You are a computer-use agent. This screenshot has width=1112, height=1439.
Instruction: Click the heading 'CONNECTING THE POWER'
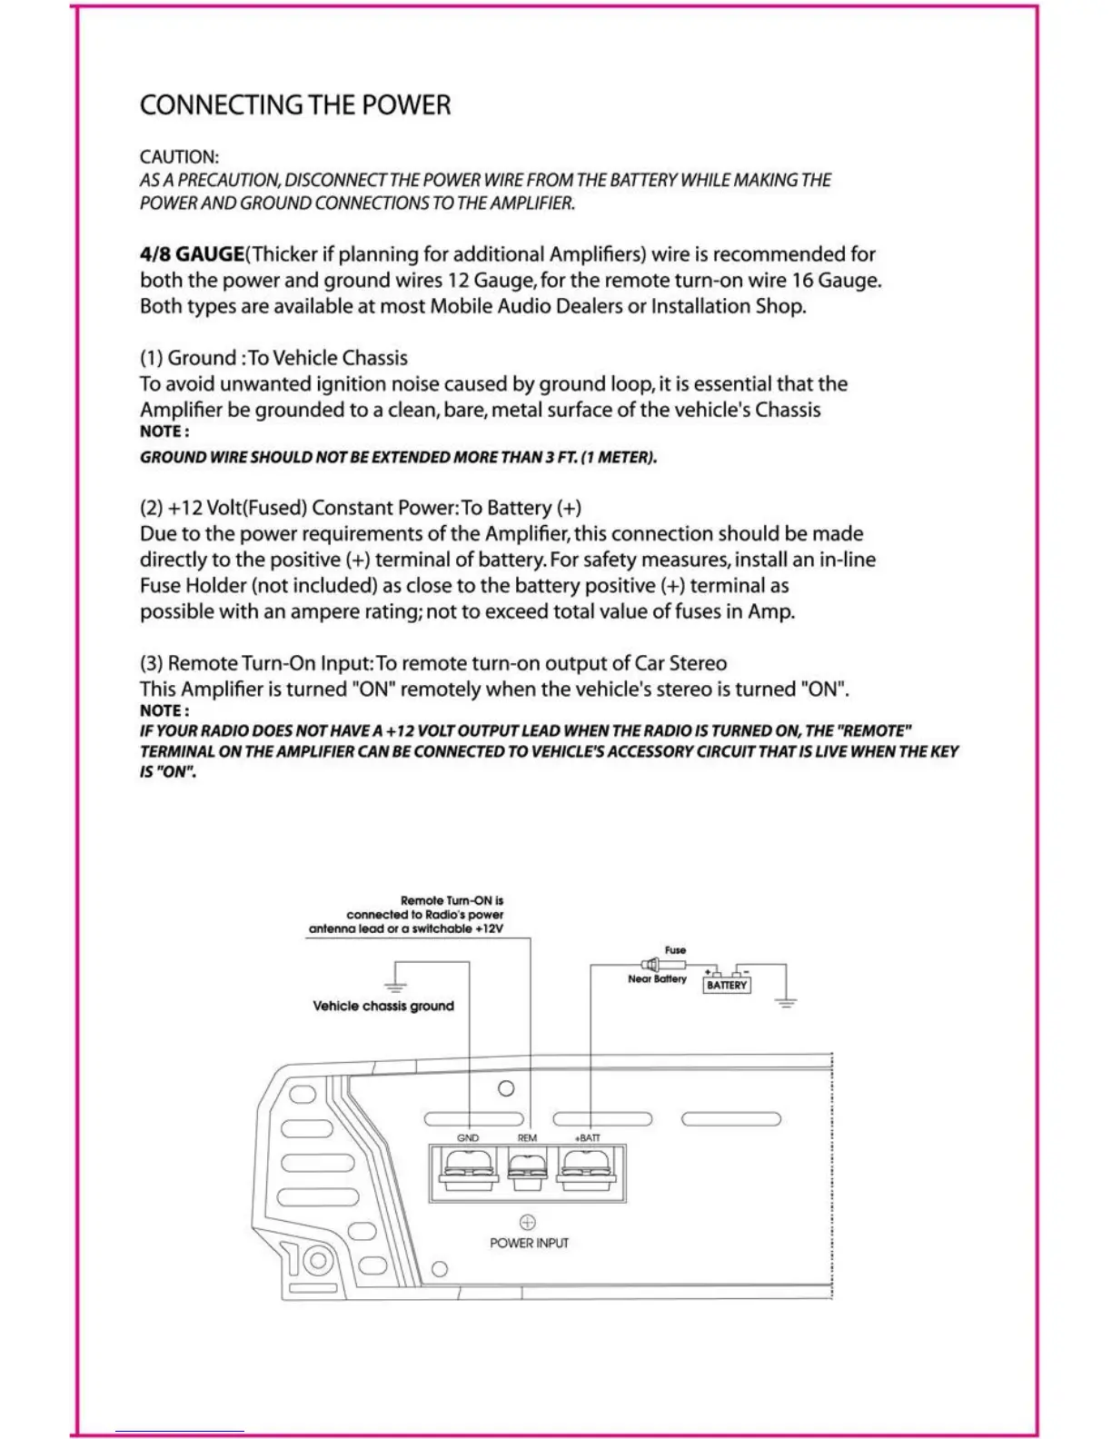pos(295,105)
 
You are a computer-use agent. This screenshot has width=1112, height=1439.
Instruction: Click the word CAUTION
pos(179,157)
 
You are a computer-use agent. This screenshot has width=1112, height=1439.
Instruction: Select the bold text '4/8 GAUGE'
pos(192,254)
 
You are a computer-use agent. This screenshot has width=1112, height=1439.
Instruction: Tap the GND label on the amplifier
pos(468,1137)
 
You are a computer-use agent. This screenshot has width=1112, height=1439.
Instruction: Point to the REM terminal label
pos(527,1137)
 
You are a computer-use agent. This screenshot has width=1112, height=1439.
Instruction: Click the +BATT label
pos(587,1137)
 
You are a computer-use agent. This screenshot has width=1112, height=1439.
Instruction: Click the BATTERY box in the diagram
pos(727,985)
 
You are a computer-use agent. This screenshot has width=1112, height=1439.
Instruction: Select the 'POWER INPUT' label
pos(529,1243)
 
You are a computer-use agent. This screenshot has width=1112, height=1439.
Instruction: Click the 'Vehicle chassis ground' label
pos(383,1006)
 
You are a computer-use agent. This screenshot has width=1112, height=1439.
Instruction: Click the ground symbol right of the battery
pos(787,1002)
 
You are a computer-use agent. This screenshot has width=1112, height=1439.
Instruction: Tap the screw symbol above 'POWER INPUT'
pos(528,1222)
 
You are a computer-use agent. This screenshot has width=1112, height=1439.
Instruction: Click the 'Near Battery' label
pos(657,978)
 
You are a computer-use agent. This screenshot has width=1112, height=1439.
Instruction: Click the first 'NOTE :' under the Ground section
pos(164,432)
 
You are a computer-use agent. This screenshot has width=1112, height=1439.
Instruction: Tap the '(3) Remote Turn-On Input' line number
pos(151,663)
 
